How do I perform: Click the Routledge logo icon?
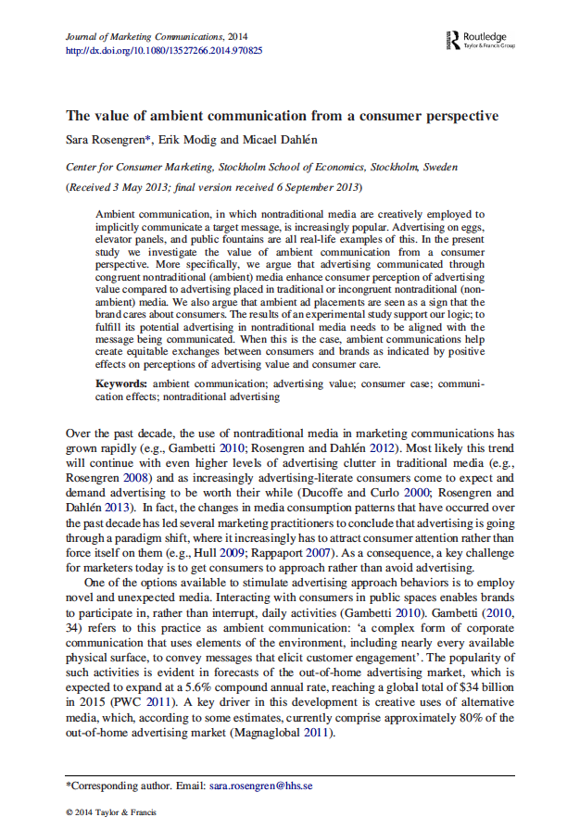(453, 40)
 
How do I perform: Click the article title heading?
(282, 116)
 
